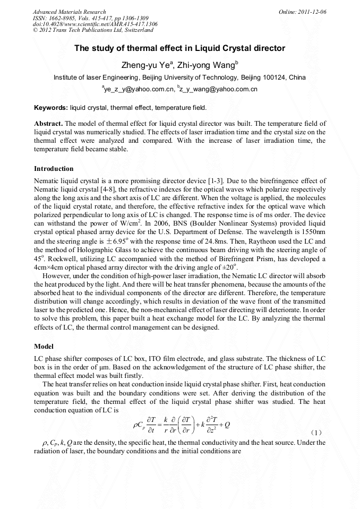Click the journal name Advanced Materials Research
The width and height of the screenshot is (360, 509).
pos(69,12)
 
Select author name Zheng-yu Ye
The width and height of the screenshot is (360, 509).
pos(146,65)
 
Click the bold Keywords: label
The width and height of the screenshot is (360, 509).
pos(50,108)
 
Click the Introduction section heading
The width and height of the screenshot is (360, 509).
pos(54,169)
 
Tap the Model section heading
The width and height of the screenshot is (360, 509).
pos(44,346)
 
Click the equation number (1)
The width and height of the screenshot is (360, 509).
pos(318,433)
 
